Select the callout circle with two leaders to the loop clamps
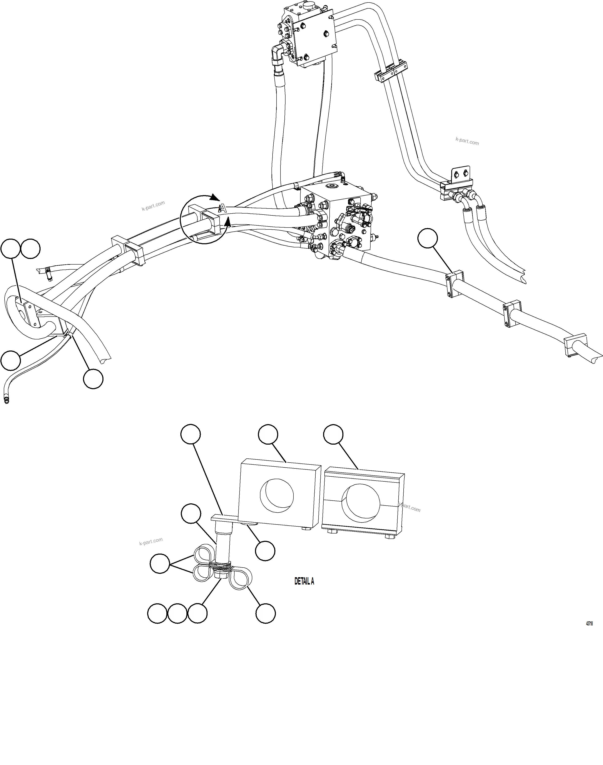coord(160,563)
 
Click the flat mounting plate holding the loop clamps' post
coord(226,518)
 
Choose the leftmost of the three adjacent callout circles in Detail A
coord(157,613)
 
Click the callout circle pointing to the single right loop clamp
coord(265,613)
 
